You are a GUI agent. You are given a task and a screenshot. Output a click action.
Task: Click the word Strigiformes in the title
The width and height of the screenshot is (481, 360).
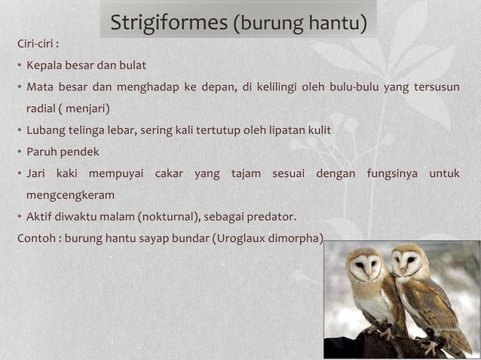168,23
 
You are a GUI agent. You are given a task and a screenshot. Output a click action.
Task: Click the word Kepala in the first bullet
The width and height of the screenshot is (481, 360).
45,65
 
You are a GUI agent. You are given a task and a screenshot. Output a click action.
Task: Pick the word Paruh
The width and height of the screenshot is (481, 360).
43,151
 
